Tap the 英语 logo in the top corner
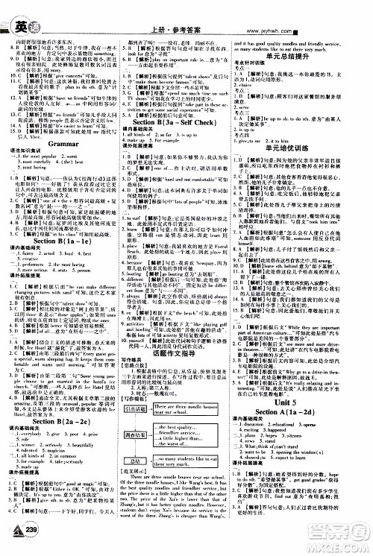pyautogui.click(x=13, y=9)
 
